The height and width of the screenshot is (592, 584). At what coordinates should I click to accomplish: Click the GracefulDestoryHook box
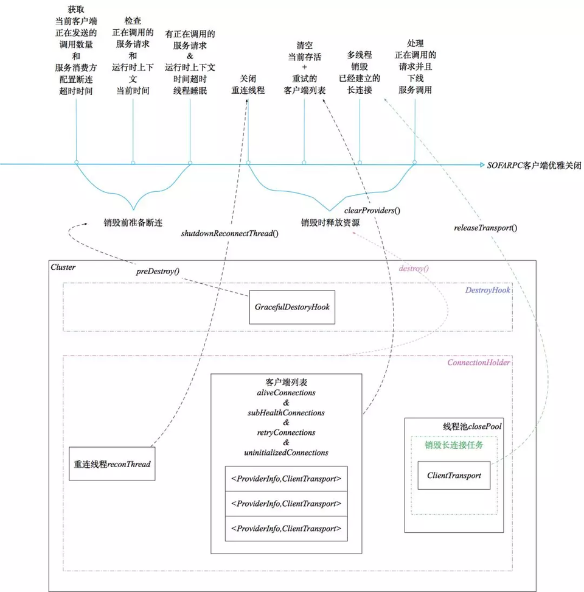292,307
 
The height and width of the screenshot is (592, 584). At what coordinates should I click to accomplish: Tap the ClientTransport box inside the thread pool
454,475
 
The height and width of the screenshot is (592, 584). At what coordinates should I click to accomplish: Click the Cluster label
63,267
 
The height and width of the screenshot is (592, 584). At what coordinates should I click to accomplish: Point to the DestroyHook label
487,290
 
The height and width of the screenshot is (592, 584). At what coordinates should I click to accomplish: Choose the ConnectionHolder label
479,362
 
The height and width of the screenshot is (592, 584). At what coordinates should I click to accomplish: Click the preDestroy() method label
158,271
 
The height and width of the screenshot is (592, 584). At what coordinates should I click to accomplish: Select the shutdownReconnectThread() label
229,233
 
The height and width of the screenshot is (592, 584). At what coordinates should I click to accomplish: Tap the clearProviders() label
377,210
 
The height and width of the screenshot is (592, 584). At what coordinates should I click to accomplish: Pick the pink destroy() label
414,268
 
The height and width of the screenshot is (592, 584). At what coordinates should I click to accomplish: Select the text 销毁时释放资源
330,222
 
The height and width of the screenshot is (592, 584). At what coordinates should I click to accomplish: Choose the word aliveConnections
286,394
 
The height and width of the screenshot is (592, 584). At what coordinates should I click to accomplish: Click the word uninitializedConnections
286,453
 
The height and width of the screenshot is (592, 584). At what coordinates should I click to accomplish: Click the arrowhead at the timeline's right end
479,164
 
